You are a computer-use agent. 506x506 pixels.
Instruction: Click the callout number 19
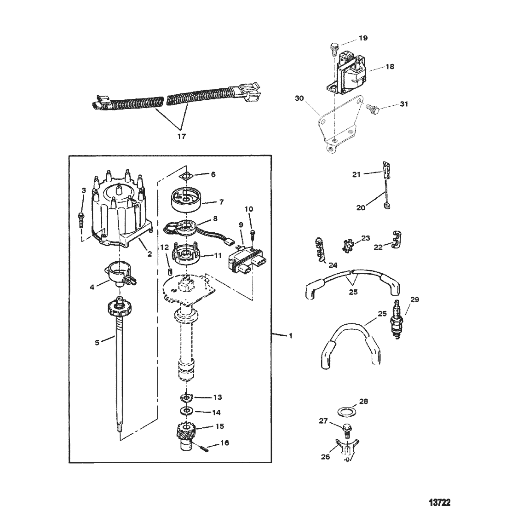point(363,38)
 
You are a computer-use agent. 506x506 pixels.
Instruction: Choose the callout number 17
point(182,137)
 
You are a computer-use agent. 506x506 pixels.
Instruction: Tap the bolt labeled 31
point(374,109)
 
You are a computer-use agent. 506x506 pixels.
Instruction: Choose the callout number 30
point(299,98)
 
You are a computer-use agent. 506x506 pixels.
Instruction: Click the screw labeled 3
point(80,219)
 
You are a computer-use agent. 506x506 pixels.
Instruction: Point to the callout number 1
point(291,336)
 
